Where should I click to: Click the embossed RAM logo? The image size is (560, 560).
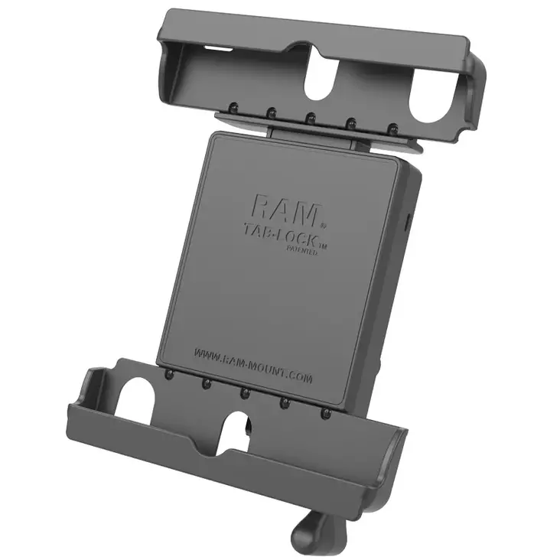coord(282,207)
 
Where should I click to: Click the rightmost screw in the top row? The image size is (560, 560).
coord(391,129)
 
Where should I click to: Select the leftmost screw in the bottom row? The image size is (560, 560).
coord(168,375)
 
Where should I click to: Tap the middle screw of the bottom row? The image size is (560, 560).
coord(244,392)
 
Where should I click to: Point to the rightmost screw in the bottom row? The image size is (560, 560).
coord(325,412)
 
